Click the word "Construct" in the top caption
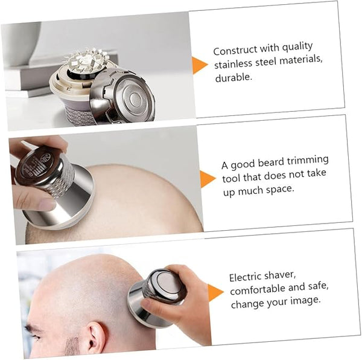coord(235,51)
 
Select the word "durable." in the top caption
coord(233,78)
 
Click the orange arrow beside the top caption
coord(199,65)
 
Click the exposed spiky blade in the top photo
coord(86,60)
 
